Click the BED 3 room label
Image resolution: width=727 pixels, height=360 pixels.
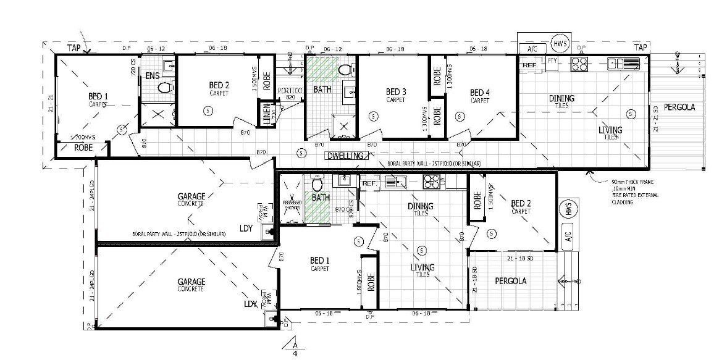click(x=395, y=93)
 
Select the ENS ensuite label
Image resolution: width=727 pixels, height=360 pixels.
click(x=152, y=76)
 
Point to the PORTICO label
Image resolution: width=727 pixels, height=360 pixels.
click(x=290, y=91)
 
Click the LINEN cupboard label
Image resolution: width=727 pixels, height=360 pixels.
click(x=266, y=115)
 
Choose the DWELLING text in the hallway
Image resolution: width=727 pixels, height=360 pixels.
click(x=345, y=156)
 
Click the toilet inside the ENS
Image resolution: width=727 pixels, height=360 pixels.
click(x=164, y=88)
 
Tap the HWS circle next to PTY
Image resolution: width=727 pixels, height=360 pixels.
click(x=560, y=44)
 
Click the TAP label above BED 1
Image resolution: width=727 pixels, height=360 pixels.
click(x=74, y=47)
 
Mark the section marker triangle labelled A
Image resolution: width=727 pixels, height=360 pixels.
click(x=295, y=344)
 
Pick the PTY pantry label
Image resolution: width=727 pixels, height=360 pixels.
click(x=552, y=62)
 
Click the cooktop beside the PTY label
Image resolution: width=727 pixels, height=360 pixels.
click(x=578, y=62)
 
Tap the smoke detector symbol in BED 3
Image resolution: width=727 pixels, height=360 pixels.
click(x=373, y=117)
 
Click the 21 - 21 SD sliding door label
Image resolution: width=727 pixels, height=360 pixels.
click(x=657, y=118)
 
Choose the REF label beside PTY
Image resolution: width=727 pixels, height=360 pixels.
click(x=529, y=64)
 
